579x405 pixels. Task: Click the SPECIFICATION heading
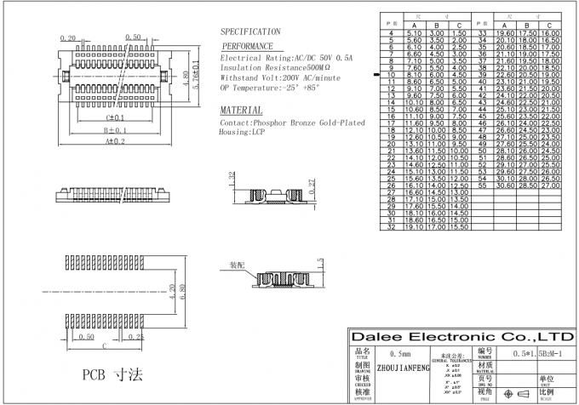point(250,31)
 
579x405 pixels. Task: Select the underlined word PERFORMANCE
point(248,46)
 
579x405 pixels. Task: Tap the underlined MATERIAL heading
point(241,111)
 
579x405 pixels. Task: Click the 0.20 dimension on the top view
point(69,37)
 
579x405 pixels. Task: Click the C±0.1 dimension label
point(114,117)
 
